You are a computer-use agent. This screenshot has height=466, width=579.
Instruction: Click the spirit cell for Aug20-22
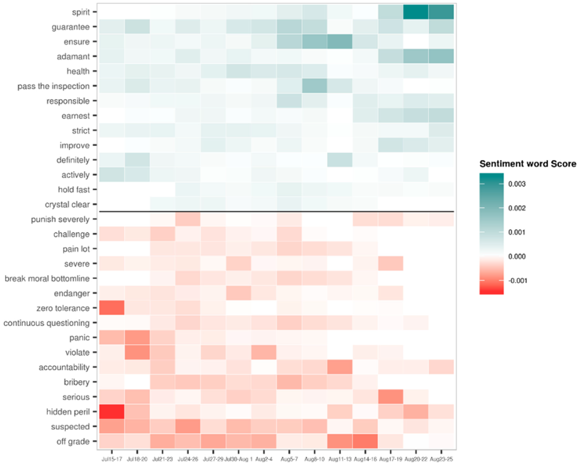(416, 12)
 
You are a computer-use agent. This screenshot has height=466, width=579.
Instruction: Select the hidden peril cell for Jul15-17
(112, 411)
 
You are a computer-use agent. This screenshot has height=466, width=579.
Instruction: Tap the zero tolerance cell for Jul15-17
(112, 308)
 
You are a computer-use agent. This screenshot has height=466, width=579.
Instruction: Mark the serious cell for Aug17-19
(391, 397)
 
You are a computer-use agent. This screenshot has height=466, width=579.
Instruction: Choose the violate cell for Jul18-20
(137, 352)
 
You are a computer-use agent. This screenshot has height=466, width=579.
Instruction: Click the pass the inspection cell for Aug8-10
(314, 86)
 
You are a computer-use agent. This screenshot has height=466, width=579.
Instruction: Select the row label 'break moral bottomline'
(47, 278)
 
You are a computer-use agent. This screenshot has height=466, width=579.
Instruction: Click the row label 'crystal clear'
(67, 204)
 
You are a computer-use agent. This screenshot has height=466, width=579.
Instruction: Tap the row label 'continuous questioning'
(46, 323)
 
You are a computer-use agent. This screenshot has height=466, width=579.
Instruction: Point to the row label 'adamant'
(73, 56)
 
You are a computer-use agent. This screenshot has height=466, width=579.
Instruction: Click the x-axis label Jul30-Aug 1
(238, 459)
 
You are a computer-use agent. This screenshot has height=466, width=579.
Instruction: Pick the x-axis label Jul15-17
(112, 459)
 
